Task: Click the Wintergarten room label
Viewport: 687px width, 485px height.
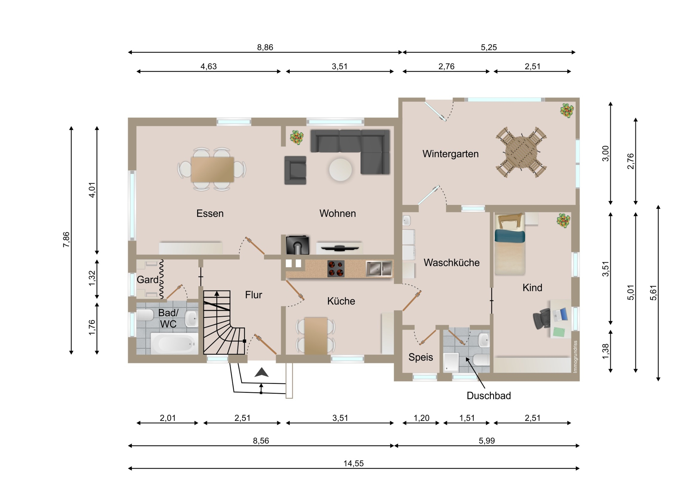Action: click(x=450, y=154)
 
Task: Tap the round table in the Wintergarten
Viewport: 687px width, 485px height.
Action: click(x=521, y=152)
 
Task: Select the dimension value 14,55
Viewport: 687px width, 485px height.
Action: click(x=354, y=464)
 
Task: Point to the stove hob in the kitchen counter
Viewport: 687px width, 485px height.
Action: click(x=336, y=269)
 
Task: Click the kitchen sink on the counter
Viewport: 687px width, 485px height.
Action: click(x=379, y=268)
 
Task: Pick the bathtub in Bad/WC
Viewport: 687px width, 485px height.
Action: click(x=174, y=343)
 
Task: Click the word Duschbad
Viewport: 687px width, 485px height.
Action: click(x=489, y=396)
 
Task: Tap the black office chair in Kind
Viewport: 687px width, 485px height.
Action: click(x=541, y=318)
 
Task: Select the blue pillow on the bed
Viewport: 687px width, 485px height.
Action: click(x=510, y=236)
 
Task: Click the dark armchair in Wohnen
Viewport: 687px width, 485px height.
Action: click(x=295, y=170)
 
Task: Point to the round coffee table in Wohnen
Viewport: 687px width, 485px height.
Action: click(x=340, y=170)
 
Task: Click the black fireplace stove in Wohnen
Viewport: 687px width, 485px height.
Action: click(x=297, y=245)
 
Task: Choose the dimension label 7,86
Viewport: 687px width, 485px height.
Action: click(x=66, y=239)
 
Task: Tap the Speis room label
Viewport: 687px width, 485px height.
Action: click(x=421, y=357)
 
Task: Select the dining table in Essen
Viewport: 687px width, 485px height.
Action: click(x=213, y=169)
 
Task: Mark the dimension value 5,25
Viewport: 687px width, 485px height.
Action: click(x=489, y=47)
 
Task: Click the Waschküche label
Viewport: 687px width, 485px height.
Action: click(x=452, y=263)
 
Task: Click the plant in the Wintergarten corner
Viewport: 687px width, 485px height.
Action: click(x=567, y=110)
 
